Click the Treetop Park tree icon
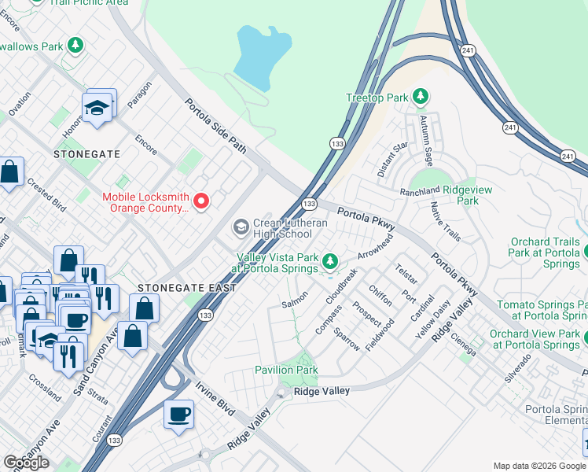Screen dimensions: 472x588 point(421,97)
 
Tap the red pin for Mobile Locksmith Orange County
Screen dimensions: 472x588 point(201,202)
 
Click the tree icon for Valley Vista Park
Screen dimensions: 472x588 point(331,261)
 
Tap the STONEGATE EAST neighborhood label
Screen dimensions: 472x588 point(187,288)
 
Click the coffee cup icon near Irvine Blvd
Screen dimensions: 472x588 point(178,415)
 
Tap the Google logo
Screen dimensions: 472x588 point(26,462)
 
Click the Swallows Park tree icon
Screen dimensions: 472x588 point(75,46)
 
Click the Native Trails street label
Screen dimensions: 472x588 point(445,221)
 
